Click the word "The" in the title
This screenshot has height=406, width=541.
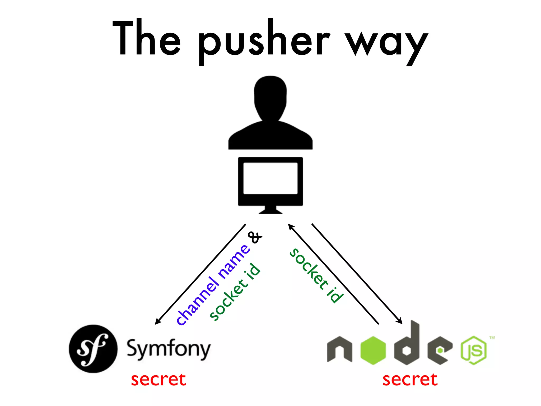click(147, 38)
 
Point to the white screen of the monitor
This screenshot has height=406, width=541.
click(270, 178)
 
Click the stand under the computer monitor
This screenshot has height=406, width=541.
click(270, 210)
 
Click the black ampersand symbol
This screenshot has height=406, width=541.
click(255, 237)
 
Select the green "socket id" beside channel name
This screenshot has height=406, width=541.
click(235, 292)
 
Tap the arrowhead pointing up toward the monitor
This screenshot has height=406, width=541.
click(291, 227)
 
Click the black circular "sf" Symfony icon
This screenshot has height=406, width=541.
click(93, 349)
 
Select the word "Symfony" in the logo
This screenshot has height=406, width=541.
click(169, 349)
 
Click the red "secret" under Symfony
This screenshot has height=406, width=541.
click(158, 380)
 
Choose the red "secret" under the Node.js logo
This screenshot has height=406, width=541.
click(410, 380)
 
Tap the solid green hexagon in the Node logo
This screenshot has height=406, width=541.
click(373, 350)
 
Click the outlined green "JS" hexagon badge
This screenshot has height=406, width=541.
click(474, 350)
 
